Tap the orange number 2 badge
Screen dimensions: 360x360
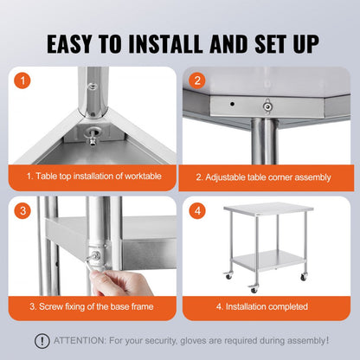pos(196,80)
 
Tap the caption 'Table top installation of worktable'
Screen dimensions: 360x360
pos(94,177)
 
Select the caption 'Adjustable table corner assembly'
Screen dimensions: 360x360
pos(263,177)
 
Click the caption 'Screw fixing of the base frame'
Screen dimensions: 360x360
pos(94,306)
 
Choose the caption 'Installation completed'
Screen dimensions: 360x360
pos(263,306)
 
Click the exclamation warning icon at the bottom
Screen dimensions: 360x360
pos(41,340)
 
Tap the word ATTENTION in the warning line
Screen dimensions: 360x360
pos(80,340)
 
